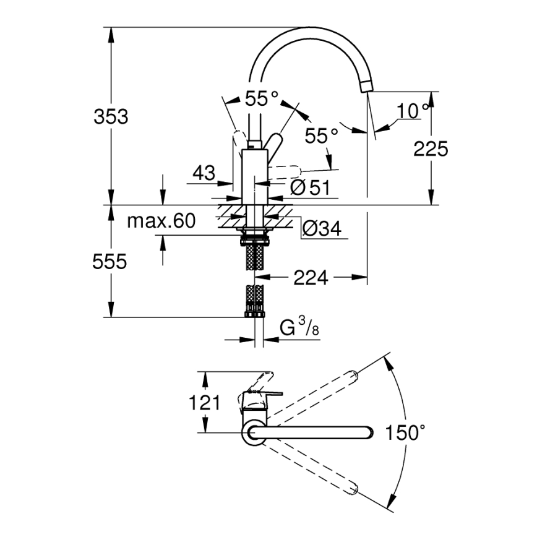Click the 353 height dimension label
pos(111,116)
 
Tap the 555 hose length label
pos(111,262)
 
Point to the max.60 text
pos(161,221)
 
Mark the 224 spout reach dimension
pos(311,278)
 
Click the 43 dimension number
pos(204,174)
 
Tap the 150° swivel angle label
pos(406,432)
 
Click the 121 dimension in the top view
pos(204,403)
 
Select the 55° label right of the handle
pos(322,135)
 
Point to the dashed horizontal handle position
pos(285,168)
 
